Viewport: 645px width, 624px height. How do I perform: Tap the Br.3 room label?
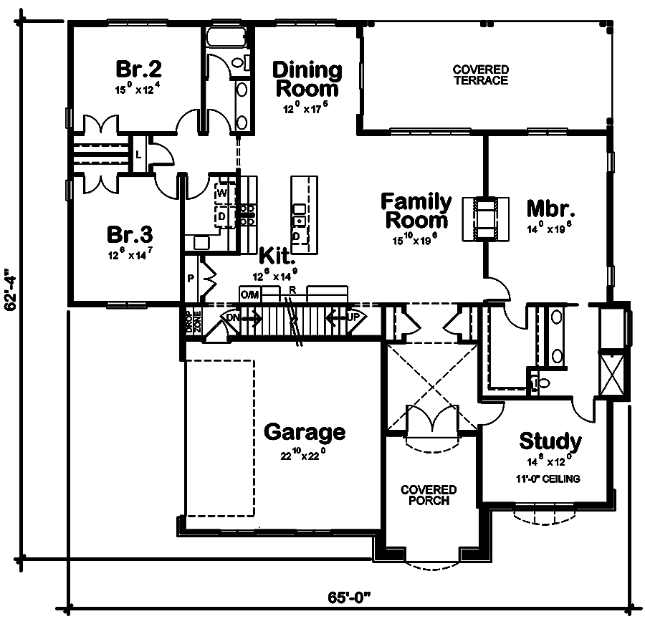(129, 235)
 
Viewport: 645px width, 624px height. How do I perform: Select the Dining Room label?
(307, 80)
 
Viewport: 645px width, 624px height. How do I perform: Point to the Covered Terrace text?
(480, 75)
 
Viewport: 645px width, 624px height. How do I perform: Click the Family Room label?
(416, 210)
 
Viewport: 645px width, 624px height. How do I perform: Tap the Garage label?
(305, 432)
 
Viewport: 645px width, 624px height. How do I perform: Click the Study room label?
(550, 441)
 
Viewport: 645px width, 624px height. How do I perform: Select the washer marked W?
(221, 193)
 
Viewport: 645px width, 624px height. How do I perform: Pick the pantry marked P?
(191, 278)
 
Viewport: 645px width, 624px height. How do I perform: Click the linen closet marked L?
(138, 154)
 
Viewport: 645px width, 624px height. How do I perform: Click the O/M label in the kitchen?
(249, 294)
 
